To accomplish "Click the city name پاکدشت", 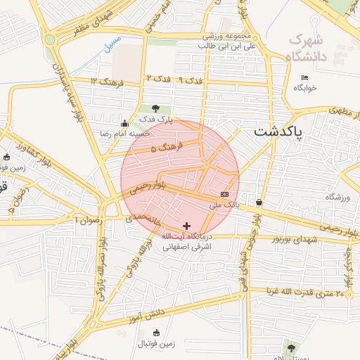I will [278, 131].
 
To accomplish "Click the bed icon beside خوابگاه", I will [304, 77].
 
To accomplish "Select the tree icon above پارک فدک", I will [155, 109].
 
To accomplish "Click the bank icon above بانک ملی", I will [224, 194].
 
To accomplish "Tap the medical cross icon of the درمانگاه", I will [186, 226].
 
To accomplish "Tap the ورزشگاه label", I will [337, 198].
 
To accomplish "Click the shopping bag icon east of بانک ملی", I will [260, 202].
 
